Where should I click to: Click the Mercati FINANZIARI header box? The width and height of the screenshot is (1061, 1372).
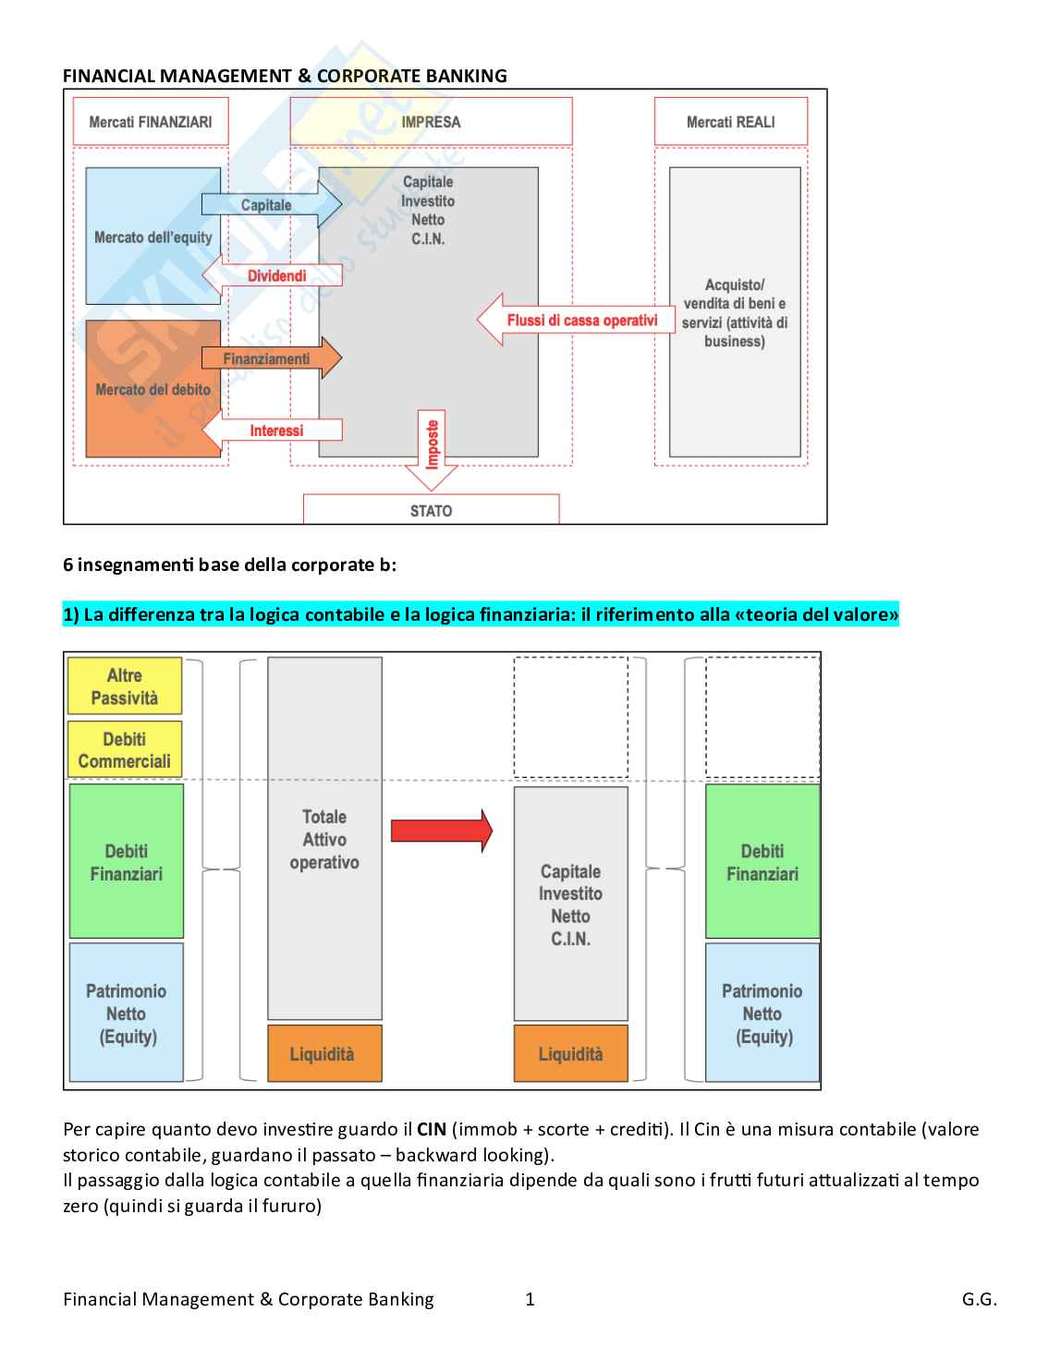(150, 122)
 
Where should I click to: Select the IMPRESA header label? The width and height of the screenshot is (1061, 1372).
(431, 122)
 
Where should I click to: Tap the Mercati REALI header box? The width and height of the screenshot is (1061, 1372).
(730, 122)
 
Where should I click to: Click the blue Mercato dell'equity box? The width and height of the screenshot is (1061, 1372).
(152, 237)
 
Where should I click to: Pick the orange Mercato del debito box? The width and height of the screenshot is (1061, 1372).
(152, 389)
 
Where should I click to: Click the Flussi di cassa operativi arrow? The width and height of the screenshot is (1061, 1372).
(577, 321)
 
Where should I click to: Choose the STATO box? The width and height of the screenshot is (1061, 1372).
(431, 510)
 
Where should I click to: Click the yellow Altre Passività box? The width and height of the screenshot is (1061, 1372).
(125, 686)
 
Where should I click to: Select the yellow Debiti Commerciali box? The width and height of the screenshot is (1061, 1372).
(125, 750)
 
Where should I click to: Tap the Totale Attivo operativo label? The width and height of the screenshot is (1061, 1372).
(324, 839)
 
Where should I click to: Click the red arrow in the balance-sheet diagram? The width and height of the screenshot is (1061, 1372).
(441, 830)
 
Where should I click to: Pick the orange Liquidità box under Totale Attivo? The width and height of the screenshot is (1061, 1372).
(323, 1053)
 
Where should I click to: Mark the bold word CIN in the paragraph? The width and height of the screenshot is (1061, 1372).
(432, 1129)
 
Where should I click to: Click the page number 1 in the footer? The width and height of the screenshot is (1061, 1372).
(530, 1299)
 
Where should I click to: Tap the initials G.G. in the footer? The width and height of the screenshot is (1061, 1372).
(979, 1299)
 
